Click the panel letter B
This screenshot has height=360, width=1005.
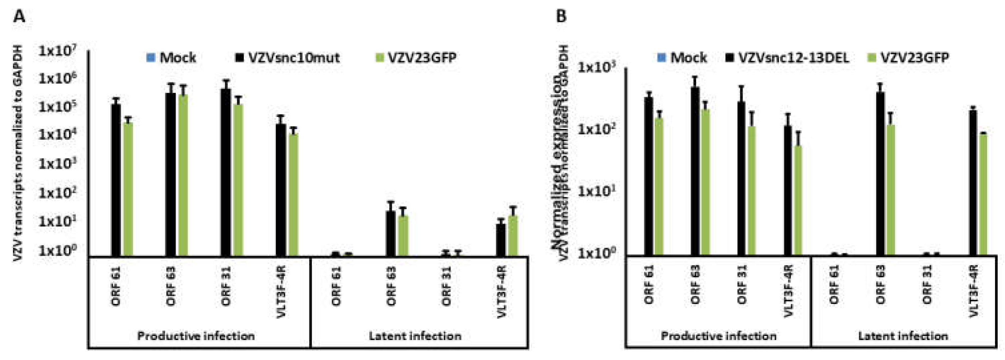[561, 17]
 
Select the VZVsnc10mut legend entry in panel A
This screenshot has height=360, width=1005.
[288, 58]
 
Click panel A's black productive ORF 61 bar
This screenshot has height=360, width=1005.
[116, 179]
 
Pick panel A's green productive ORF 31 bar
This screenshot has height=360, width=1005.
[238, 179]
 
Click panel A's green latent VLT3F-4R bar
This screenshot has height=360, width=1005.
[514, 236]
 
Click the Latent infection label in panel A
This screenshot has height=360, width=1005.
[415, 336]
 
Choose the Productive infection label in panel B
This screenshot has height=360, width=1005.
[718, 336]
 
